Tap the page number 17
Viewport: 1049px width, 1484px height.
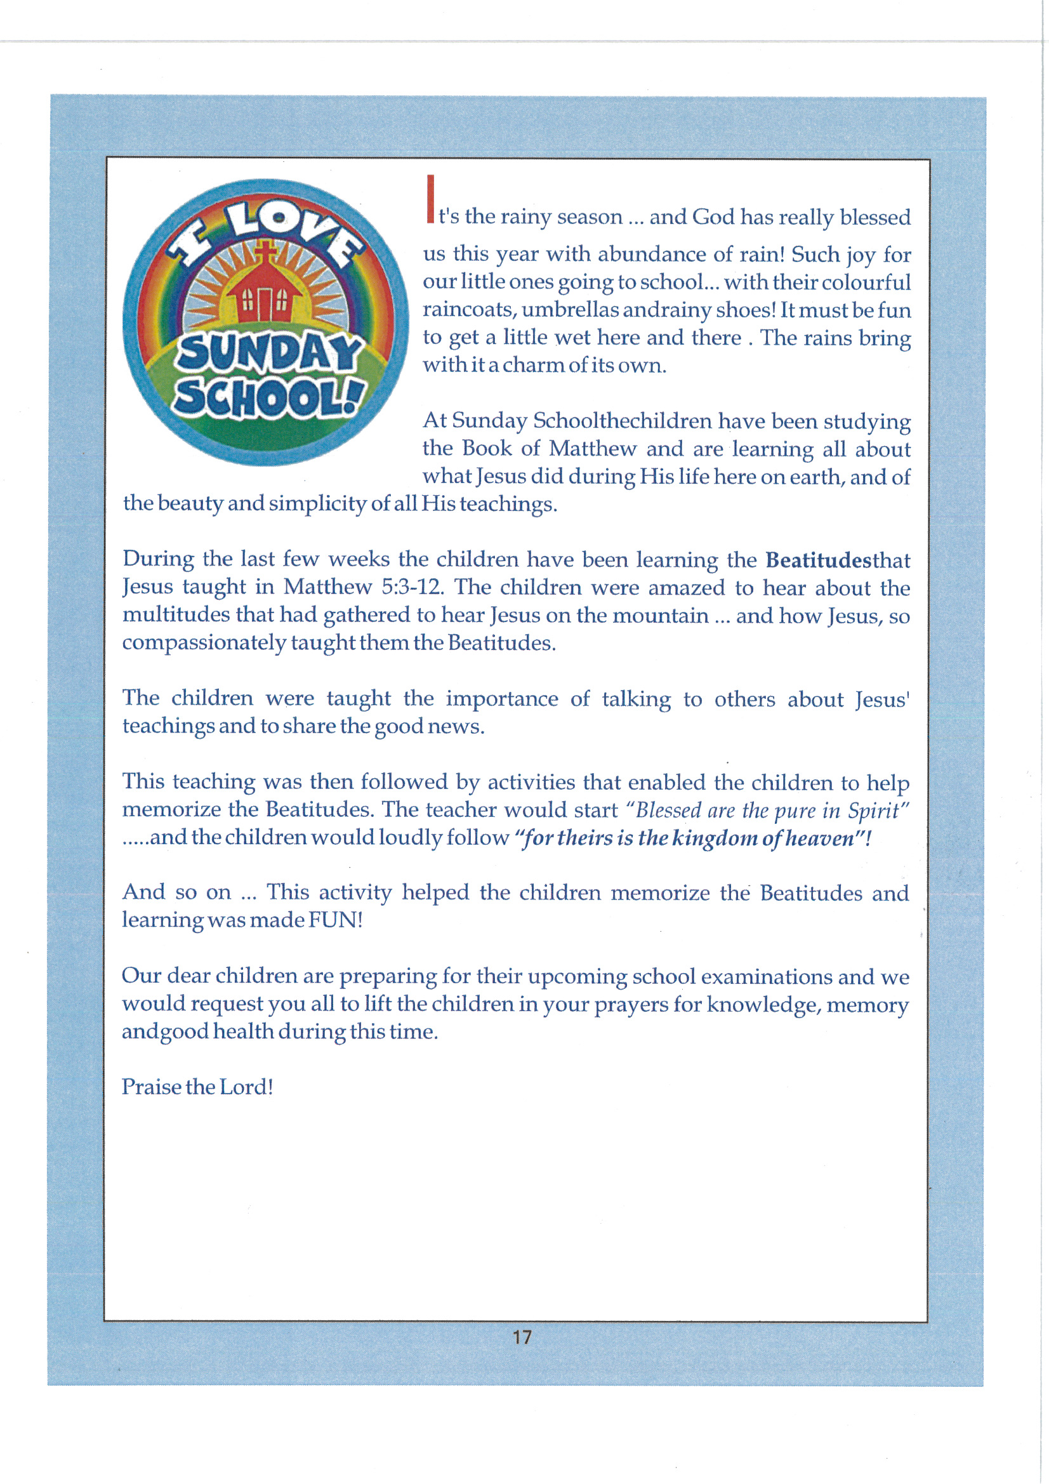522,1337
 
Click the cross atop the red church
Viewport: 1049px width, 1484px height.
265,251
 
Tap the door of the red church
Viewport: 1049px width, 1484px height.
265,305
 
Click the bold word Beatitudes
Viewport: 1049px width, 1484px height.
818,560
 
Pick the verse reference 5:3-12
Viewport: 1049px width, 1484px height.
412,587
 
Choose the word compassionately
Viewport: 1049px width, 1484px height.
204,643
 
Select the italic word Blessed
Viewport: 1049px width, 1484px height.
668,811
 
